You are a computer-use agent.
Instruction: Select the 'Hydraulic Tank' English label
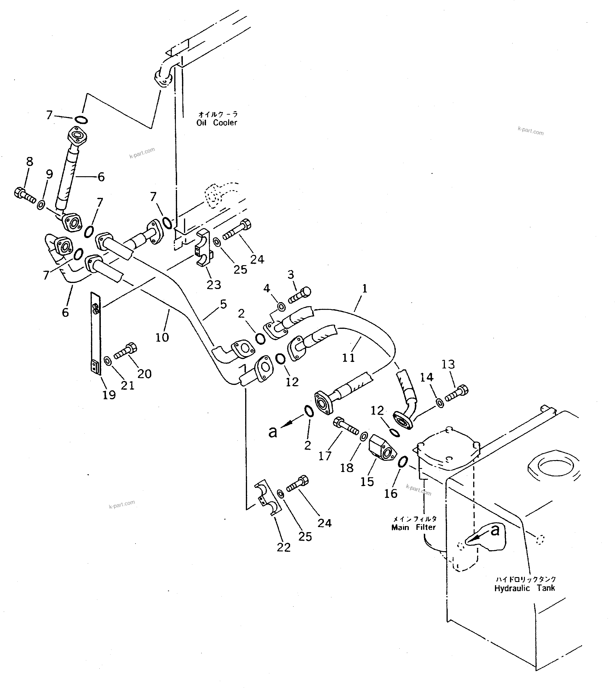click(524, 588)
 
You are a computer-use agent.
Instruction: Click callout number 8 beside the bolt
click(30, 162)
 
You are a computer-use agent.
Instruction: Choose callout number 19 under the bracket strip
click(109, 395)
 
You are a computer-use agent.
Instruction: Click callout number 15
click(367, 481)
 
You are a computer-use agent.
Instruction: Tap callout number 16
click(391, 493)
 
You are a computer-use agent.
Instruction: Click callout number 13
click(448, 364)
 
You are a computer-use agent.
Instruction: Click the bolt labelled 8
click(24, 195)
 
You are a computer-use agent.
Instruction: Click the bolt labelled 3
click(299, 296)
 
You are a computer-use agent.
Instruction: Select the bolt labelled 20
click(125, 351)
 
